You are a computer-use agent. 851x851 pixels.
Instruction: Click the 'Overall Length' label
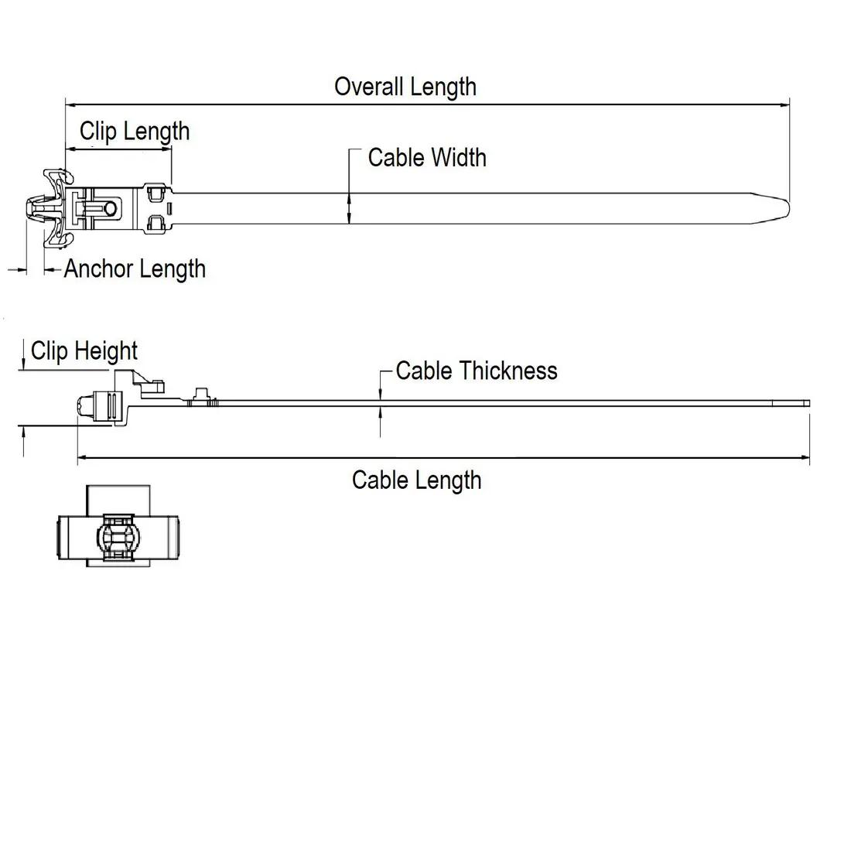click(x=405, y=86)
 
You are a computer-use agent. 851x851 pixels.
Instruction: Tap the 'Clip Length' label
click(x=135, y=131)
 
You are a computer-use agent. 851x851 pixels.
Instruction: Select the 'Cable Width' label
click(x=427, y=157)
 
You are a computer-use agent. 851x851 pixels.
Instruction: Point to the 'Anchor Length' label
click(x=135, y=268)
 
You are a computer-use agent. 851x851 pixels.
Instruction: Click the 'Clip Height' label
click(x=84, y=351)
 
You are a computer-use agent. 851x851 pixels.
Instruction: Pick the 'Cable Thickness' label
click(x=476, y=371)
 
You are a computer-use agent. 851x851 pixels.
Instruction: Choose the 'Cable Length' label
click(x=416, y=480)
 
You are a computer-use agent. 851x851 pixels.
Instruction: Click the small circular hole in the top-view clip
click(x=111, y=208)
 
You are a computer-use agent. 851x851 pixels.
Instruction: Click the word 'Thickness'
click(x=508, y=371)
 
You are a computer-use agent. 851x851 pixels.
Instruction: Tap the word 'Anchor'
click(x=96, y=268)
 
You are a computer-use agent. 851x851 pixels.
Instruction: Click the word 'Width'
click(x=459, y=157)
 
